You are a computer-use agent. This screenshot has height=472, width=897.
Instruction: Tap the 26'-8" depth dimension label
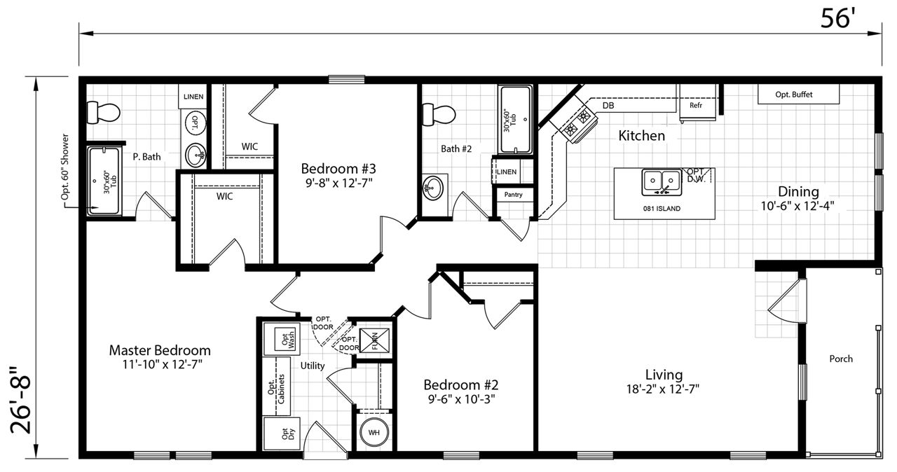coord(20,400)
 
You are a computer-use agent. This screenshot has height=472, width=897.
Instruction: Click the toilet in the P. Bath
coord(103,113)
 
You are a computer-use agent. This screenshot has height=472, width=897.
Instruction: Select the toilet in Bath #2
coord(439,114)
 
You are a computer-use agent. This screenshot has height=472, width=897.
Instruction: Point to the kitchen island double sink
coord(662,182)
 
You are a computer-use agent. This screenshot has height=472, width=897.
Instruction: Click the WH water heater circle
coord(374,432)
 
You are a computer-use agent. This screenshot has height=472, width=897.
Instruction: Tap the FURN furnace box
coord(374,340)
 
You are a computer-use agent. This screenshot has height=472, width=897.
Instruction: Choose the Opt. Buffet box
coord(798,95)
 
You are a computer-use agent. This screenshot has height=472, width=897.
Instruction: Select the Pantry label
coord(514,195)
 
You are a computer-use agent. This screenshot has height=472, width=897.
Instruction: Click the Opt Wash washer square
coord(287,340)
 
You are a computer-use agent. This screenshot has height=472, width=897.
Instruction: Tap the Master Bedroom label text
coord(160,350)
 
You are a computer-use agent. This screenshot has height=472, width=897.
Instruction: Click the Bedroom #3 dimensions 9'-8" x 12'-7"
coord(338,183)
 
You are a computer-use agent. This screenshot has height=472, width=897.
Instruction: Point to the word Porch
coord(841,359)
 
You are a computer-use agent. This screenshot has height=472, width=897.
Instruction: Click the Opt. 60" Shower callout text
coord(65,167)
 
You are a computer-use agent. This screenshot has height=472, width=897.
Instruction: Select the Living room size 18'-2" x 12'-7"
coord(663,389)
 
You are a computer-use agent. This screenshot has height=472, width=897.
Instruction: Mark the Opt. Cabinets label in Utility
coord(276,389)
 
